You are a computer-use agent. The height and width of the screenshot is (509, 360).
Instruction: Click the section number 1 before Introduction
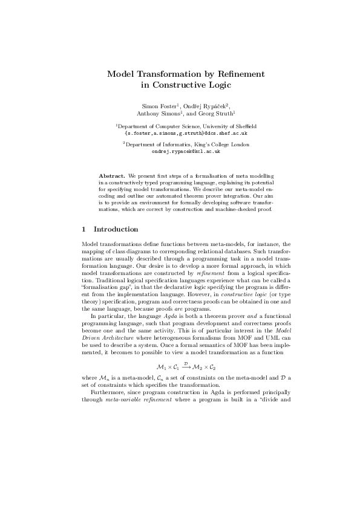(x=83, y=230)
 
